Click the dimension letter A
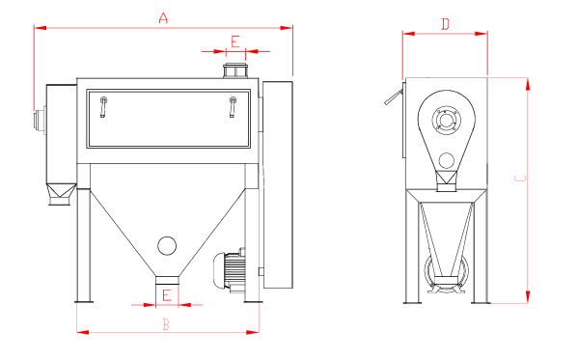pos(163,17)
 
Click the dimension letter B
pos(166,324)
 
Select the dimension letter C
pos(520,179)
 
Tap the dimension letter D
pos(445,24)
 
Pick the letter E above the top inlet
pos(235,42)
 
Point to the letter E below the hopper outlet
pos(167,295)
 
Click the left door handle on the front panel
pos(103,107)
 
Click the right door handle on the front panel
pos(233,107)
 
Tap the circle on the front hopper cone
pos(167,246)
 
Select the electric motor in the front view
pos(230,271)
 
